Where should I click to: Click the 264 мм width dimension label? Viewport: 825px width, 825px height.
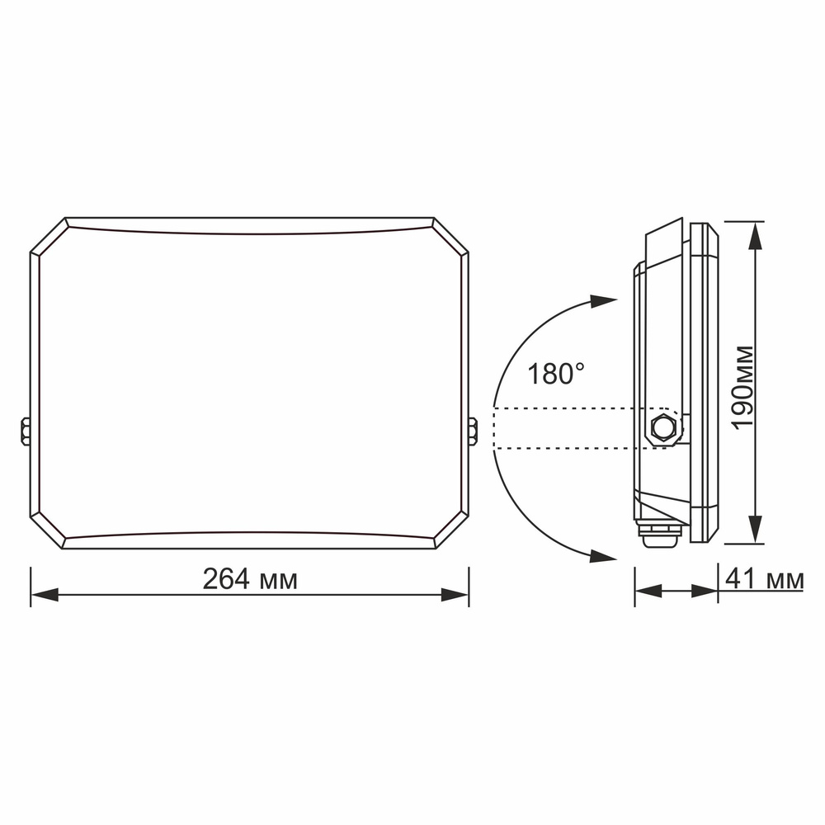click(x=251, y=579)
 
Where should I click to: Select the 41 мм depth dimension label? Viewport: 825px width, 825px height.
click(x=765, y=579)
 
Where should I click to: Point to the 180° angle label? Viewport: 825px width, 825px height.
click(x=556, y=374)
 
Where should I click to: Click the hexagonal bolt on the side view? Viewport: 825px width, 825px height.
click(x=663, y=428)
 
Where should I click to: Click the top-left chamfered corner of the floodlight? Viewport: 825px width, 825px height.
click(x=49, y=236)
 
